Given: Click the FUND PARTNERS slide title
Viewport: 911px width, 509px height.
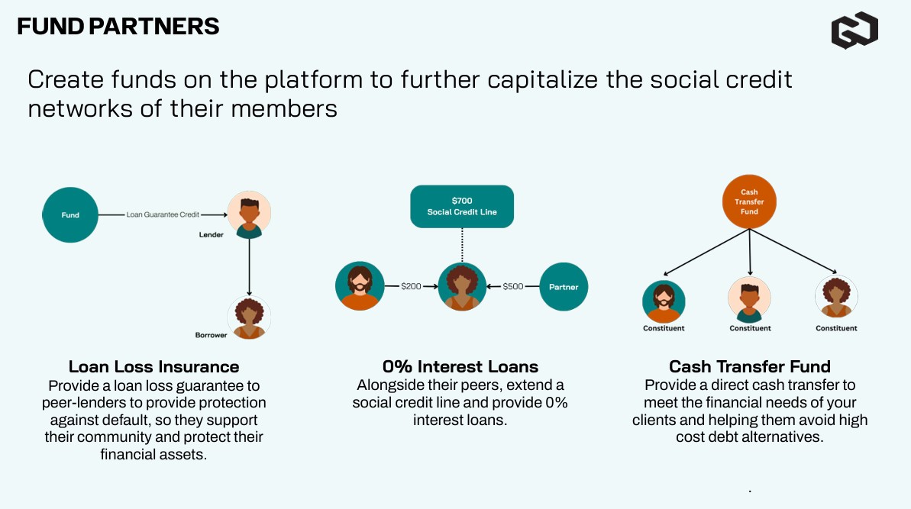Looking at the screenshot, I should (x=118, y=27).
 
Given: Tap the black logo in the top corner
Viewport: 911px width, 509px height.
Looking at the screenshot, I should (x=854, y=31).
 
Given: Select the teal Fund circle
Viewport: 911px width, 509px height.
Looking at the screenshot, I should (x=70, y=215).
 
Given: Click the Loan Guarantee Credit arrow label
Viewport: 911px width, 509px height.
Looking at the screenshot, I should (x=163, y=215).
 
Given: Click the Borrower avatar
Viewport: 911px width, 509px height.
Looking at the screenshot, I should (x=249, y=317).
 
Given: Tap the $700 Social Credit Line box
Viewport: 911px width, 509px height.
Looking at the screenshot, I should (x=462, y=206).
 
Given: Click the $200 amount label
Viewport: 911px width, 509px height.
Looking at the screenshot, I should (x=411, y=287).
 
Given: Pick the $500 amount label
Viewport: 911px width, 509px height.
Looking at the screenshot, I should (x=513, y=287).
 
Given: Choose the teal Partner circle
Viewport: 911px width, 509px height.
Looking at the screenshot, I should (x=564, y=287).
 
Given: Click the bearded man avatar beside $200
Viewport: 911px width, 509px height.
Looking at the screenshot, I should (x=358, y=286).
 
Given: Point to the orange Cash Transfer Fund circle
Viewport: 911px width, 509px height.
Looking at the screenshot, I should (x=749, y=201).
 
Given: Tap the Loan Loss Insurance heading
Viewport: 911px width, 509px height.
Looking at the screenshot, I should (x=154, y=367).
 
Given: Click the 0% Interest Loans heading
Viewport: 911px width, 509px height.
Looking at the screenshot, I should (x=460, y=367).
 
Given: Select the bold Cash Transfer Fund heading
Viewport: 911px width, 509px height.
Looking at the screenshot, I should (x=750, y=367).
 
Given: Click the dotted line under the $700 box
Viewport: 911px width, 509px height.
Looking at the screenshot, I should (x=462, y=244).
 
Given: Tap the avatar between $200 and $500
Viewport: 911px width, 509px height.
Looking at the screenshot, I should (x=462, y=287).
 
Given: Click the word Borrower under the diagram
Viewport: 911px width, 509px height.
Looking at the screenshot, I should (x=212, y=335).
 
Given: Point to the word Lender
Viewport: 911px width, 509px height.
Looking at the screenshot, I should (x=212, y=235).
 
